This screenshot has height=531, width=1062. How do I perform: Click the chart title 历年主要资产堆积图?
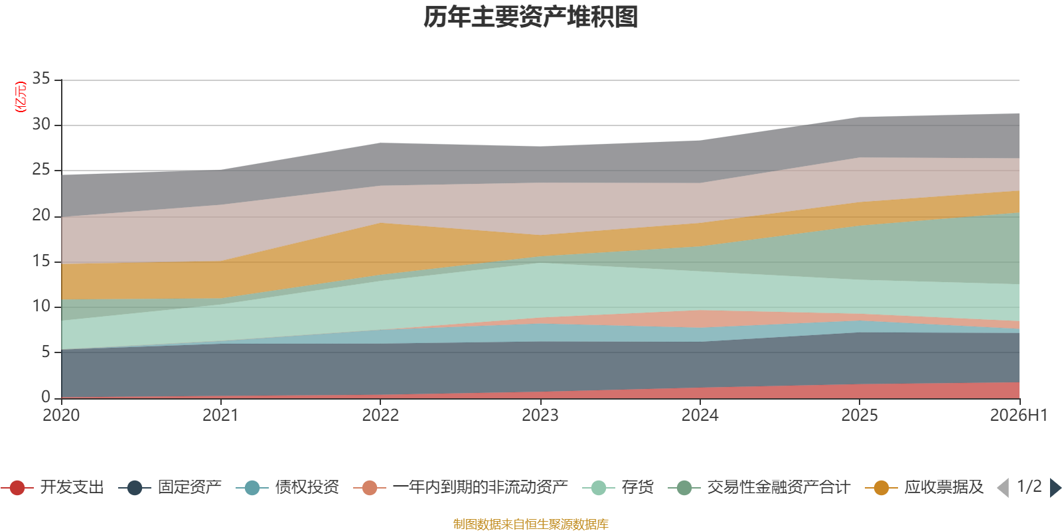[530, 17]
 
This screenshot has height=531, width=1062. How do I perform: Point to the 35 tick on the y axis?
[41, 78]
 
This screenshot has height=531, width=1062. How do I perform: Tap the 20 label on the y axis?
[41, 215]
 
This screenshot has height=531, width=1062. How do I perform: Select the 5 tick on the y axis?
[46, 352]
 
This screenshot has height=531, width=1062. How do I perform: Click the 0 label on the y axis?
[46, 397]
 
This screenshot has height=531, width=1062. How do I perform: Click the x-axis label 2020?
[61, 415]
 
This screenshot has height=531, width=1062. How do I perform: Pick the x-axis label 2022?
[380, 415]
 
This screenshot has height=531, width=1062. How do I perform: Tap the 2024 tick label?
[700, 415]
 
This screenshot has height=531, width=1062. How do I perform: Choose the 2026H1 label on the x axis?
[1019, 415]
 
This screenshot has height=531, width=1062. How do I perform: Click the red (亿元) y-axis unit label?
[21, 97]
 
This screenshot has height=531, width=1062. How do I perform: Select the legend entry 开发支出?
[52, 487]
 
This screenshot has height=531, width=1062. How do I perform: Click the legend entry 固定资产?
[170, 487]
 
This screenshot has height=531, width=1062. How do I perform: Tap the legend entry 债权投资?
[288, 487]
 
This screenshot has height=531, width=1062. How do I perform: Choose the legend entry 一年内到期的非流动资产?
[461, 487]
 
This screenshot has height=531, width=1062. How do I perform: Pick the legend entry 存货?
[618, 487]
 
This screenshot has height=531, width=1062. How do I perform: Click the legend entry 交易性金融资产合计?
[759, 487]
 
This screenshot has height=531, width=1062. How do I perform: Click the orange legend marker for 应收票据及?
[881, 488]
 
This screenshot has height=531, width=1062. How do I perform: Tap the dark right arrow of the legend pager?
[1055, 487]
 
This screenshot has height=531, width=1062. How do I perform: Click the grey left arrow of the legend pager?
[1003, 487]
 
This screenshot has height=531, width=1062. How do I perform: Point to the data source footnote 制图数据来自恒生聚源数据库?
[530, 524]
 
